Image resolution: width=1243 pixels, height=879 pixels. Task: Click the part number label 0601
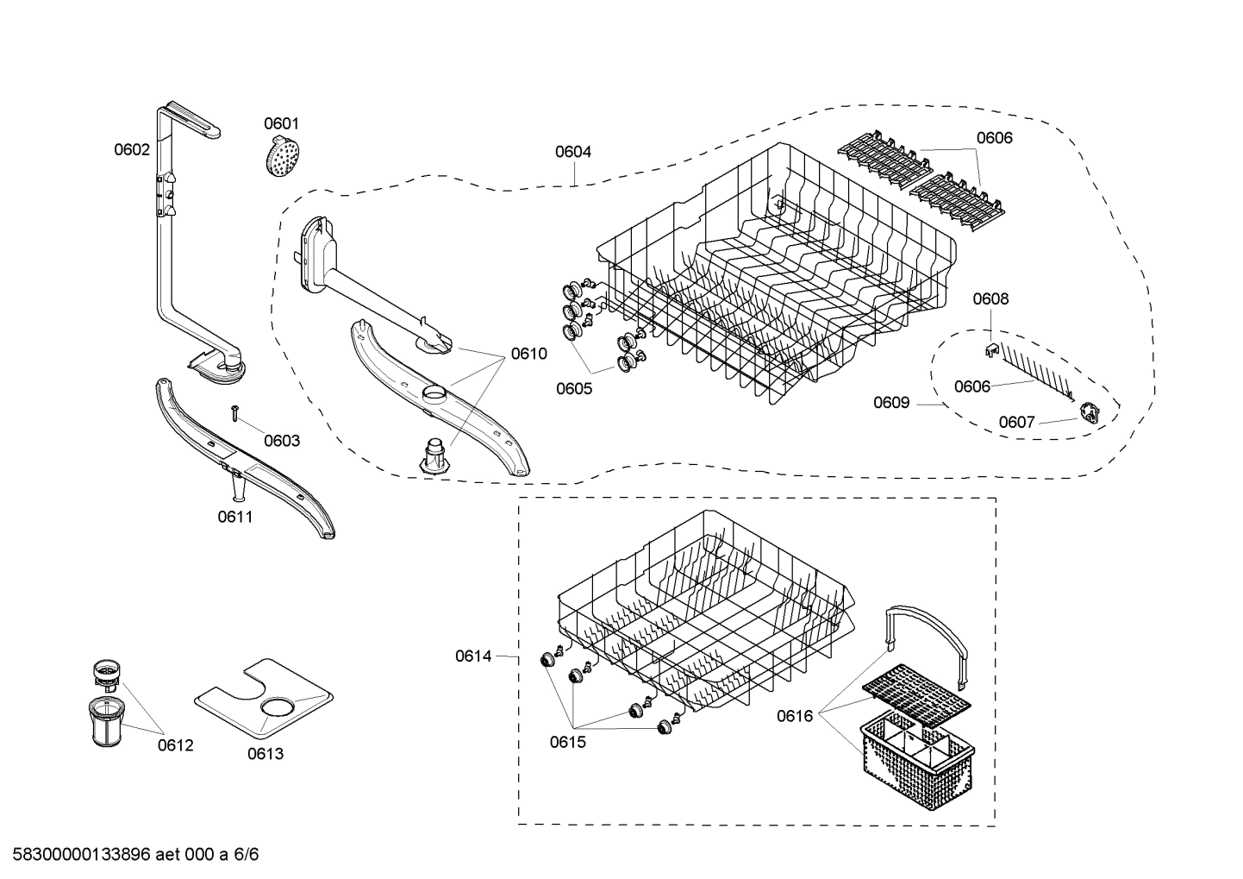click(281, 123)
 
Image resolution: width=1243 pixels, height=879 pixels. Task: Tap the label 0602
click(132, 149)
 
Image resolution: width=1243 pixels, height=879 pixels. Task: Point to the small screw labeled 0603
click(234, 413)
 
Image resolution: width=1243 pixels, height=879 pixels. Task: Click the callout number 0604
click(573, 152)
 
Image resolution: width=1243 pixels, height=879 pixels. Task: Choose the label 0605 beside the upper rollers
click(574, 388)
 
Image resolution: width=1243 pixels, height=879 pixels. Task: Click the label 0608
click(990, 299)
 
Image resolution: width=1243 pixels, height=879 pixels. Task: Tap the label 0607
click(1016, 422)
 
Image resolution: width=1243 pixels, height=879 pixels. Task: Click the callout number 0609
click(891, 402)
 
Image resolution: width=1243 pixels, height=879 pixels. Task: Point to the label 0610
click(528, 353)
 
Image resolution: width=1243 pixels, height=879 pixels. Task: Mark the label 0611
click(235, 517)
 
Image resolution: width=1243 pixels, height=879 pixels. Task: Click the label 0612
click(176, 745)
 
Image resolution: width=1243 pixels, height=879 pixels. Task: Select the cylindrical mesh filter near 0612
click(106, 723)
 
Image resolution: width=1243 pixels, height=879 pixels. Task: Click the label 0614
click(473, 656)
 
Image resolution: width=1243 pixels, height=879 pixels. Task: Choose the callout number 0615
click(568, 742)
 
